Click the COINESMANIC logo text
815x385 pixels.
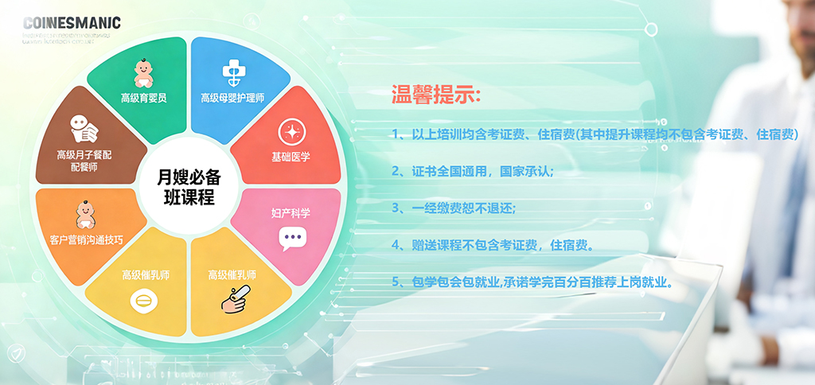coord(72,23)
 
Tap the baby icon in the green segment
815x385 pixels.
coord(143,74)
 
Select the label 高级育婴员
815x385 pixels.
coord(143,98)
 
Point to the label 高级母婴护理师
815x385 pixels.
coord(232,98)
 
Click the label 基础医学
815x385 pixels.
coord(291,157)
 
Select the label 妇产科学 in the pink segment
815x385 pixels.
coord(291,213)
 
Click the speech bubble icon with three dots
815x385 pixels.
coord(292,238)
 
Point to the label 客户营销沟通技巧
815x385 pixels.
coord(86,239)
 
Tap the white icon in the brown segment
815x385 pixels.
coord(83,130)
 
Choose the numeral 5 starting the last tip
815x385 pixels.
coord(396,282)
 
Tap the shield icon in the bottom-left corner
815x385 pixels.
coord(14,353)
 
